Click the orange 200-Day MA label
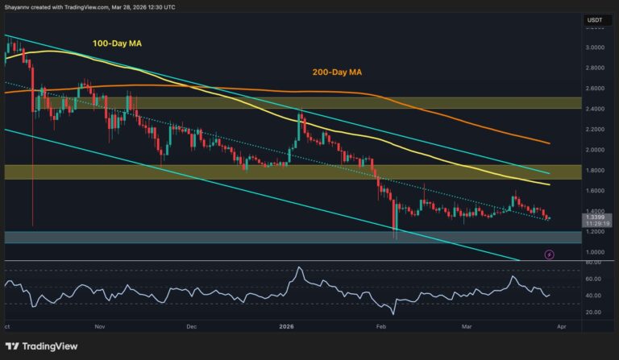click(337, 72)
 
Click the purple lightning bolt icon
click(550, 254)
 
